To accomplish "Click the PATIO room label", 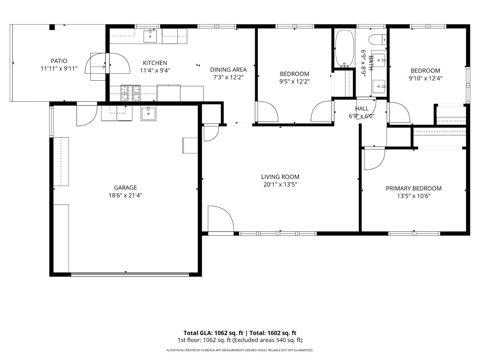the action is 59,61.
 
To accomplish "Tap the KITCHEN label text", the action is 155,63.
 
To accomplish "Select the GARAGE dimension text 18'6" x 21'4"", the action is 125,195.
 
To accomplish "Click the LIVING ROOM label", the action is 280,177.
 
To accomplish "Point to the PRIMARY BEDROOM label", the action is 413,188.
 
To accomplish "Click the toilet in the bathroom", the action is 377,40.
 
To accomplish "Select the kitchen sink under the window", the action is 150,36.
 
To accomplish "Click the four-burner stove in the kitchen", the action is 130,93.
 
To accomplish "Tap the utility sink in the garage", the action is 148,114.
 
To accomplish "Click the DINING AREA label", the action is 228,69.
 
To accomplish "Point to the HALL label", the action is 362,108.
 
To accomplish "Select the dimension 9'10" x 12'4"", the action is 425,78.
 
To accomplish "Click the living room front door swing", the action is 221,218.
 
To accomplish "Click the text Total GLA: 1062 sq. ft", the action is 213,333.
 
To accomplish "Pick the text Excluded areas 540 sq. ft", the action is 267,340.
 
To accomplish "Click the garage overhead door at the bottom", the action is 130,274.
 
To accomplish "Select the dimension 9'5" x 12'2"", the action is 294,81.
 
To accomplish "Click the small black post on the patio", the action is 52,27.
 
